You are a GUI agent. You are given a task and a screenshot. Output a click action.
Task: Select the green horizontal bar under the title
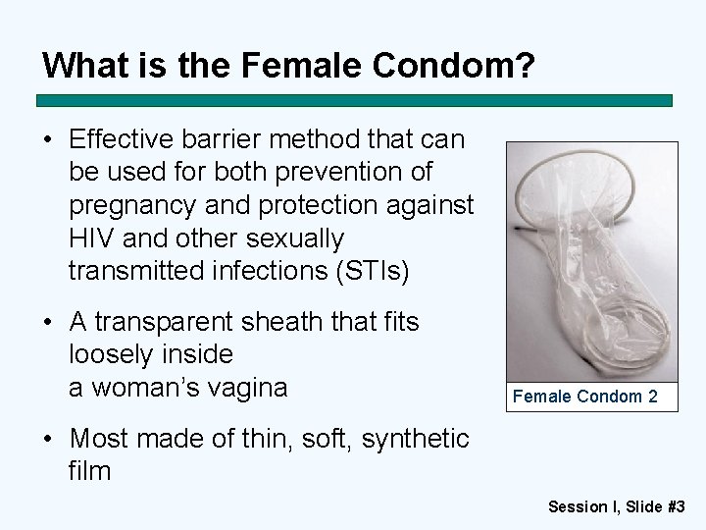(354, 100)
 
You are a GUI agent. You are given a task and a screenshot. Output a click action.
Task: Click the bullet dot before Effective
(47, 138)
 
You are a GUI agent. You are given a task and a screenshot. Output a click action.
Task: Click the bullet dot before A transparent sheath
(47, 321)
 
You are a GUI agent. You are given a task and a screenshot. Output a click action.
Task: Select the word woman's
(151, 388)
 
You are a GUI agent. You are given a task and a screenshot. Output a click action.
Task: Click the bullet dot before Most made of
(47, 437)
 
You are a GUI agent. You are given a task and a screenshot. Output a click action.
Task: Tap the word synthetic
(416, 437)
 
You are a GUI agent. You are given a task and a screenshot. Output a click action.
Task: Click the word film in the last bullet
(90, 470)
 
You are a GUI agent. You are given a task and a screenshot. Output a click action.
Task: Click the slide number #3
(675, 506)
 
